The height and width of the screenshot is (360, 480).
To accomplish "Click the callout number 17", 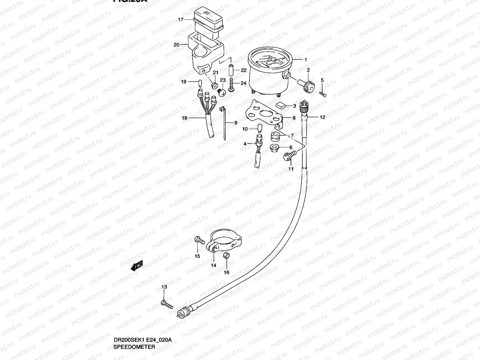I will point(180,20).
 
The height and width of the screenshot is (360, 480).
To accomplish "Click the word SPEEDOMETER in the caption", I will point(134,347).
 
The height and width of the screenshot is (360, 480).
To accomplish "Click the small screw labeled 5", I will point(323,94).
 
